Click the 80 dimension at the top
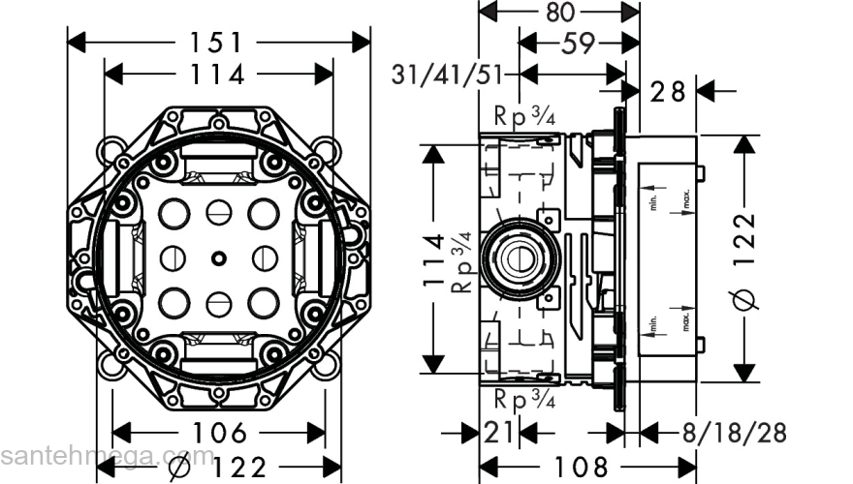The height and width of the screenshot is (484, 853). coord(560,13)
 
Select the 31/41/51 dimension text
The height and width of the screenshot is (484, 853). coord(450,75)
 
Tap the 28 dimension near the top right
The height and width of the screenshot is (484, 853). coord(668,92)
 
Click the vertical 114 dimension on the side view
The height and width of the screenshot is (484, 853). coord(434,258)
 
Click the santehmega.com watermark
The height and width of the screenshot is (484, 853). coord(107,456)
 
